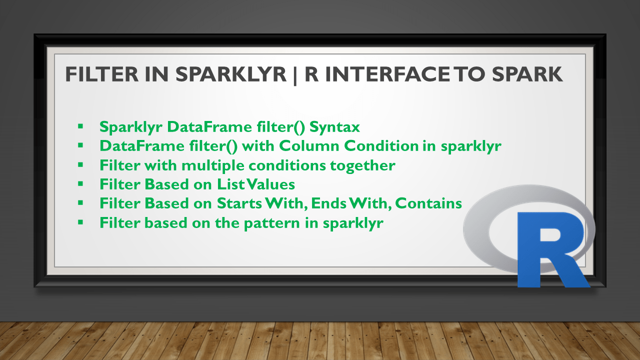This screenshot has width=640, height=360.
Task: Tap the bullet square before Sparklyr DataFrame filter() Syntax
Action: pos(80,126)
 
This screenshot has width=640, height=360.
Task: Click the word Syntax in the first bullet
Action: pos(334,127)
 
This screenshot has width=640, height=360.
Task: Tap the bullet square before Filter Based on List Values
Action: pos(80,183)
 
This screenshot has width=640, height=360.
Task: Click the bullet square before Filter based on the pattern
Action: pos(80,222)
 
